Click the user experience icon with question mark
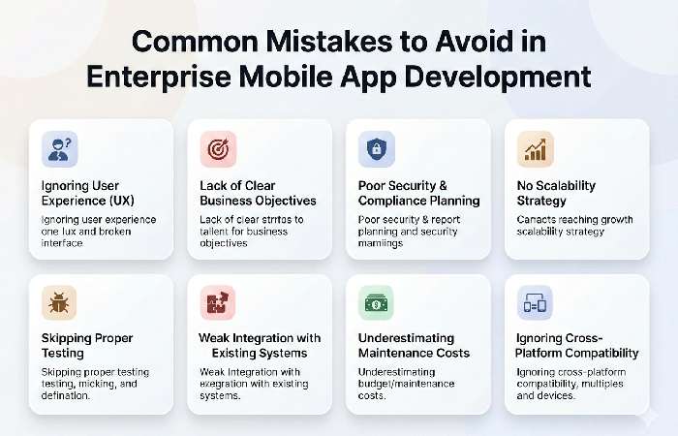tap(60, 150)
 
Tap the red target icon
tap(218, 150)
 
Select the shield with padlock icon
tap(376, 150)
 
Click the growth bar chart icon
tap(535, 150)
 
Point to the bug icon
tap(60, 303)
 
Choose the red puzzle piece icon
tap(218, 303)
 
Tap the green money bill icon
tap(376, 303)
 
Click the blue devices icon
tap(535, 303)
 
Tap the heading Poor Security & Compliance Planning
tap(418, 193)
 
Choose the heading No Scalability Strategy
tap(556, 193)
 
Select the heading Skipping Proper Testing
tap(86, 346)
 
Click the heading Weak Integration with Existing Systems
tap(260, 346)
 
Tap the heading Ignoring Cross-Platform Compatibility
tap(578, 346)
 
